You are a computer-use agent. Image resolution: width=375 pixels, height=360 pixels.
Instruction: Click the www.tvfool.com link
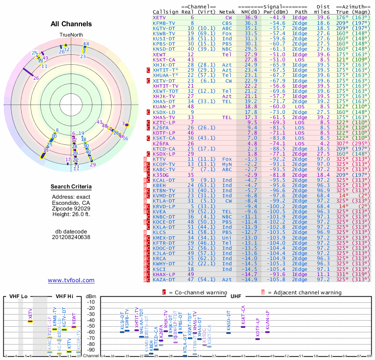pos(71,280)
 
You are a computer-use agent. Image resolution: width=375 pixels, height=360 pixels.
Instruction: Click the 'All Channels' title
pos(71,24)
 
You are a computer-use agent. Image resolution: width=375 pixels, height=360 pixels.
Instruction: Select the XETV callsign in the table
pos(159,17)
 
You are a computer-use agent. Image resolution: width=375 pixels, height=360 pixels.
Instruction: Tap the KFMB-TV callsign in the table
pos(164,22)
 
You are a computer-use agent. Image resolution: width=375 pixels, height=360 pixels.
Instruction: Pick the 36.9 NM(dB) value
pos(250,17)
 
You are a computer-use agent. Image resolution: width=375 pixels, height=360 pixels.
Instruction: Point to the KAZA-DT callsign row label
pos(164,279)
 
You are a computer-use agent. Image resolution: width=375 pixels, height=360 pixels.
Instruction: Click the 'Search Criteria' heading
pos(71,187)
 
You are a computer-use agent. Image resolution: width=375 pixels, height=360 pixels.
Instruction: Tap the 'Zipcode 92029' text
pos(71,209)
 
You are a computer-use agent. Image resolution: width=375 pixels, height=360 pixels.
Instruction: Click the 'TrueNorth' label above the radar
pos(71,35)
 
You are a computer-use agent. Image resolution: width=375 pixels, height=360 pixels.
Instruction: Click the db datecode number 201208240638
pos(71,237)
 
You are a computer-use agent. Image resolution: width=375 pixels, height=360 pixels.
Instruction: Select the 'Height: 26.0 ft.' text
pos(71,215)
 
